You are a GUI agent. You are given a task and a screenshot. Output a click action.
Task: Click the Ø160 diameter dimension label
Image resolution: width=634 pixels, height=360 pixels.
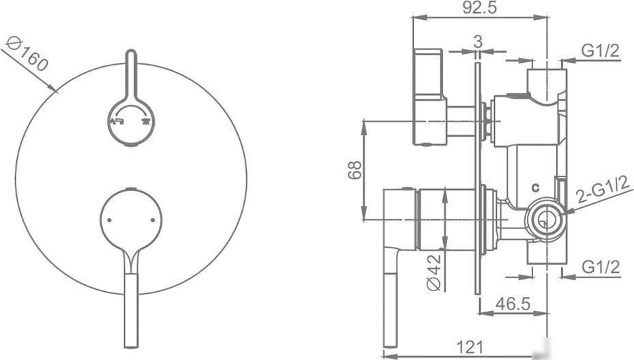click(27, 53)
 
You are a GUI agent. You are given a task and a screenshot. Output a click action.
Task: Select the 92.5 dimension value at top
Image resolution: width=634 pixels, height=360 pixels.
click(479, 7)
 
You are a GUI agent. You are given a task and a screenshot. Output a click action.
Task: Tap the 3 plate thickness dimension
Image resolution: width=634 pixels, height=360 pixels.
click(478, 42)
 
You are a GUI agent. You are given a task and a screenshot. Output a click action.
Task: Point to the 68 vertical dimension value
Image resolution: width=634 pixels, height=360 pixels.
click(354, 170)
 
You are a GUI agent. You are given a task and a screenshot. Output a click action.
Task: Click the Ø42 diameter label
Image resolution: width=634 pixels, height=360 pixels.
click(434, 272)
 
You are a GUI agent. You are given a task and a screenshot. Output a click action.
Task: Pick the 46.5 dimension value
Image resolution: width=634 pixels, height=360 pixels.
click(513, 304)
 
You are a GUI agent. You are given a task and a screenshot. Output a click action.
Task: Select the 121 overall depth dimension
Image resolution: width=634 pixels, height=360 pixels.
click(470, 346)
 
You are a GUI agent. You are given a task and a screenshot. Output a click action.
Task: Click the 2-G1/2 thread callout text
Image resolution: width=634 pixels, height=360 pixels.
click(603, 189)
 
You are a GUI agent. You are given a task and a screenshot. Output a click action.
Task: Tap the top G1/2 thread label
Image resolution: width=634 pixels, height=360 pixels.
click(601, 50)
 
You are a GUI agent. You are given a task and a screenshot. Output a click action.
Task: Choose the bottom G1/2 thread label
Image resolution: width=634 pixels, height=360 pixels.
click(601, 267)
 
